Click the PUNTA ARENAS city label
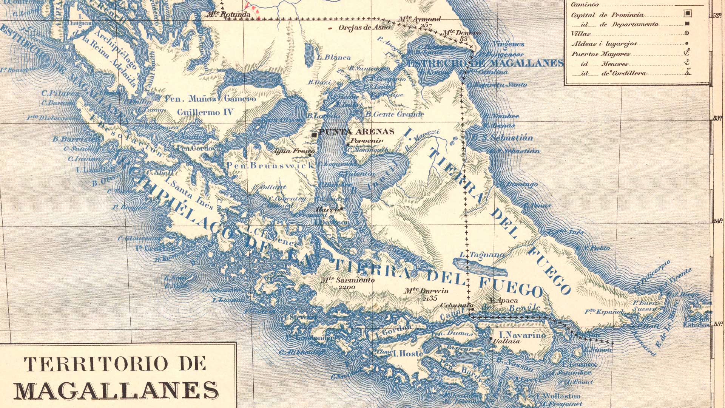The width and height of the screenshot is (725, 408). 356,132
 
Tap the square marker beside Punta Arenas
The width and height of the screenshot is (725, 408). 314,134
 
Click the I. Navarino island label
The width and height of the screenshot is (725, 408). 522,335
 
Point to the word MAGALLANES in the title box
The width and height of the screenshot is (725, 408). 116,390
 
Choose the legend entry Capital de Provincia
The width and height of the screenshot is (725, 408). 607,15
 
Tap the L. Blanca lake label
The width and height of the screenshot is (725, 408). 334,58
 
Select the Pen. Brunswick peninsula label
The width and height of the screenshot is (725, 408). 270,165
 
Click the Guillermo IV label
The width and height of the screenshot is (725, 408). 205,112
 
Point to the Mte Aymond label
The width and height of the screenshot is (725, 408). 420,19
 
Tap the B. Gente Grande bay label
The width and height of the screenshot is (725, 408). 395,114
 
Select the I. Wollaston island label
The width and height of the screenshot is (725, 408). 558,396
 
